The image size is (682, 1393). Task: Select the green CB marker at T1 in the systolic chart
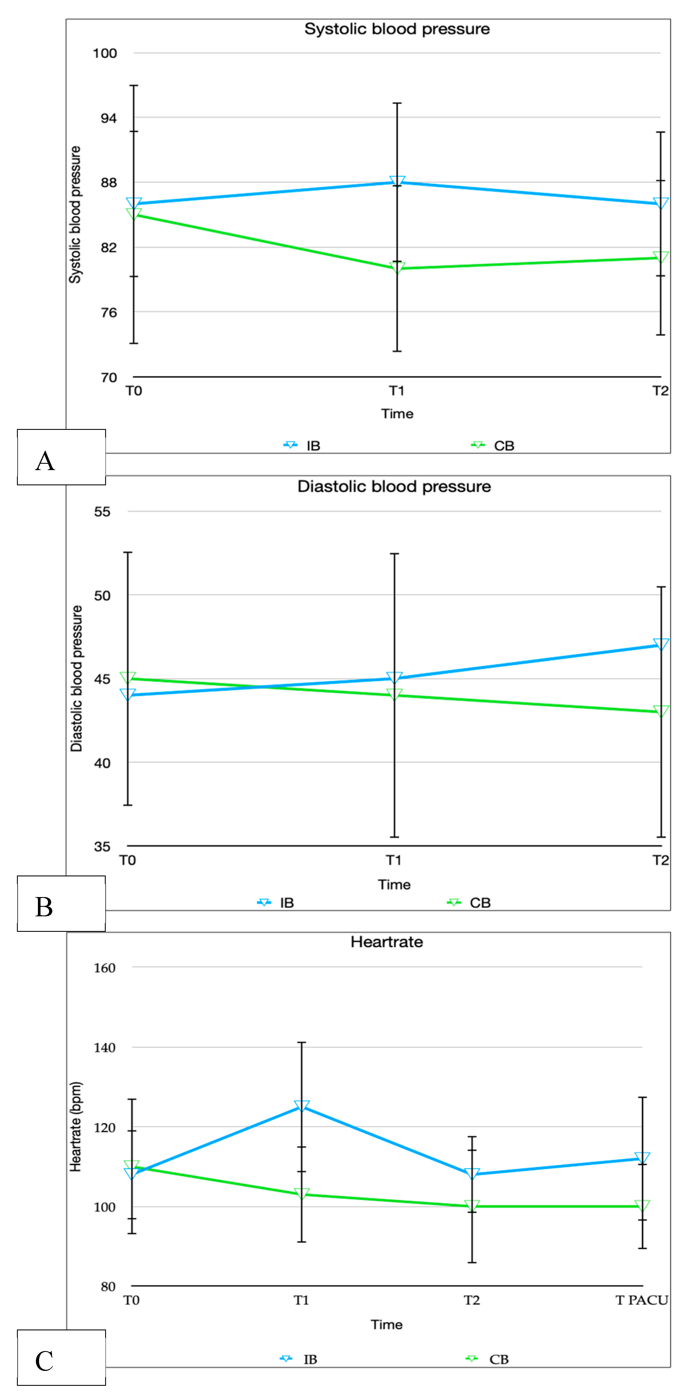[397, 267]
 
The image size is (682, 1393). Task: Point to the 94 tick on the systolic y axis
[108, 118]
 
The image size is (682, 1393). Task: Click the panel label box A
[61, 457]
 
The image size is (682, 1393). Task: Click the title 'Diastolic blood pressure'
[394, 486]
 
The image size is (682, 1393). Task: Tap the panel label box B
[61, 904]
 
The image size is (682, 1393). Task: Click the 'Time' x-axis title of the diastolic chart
[394, 885]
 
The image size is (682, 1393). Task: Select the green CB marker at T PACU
[642, 1205]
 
